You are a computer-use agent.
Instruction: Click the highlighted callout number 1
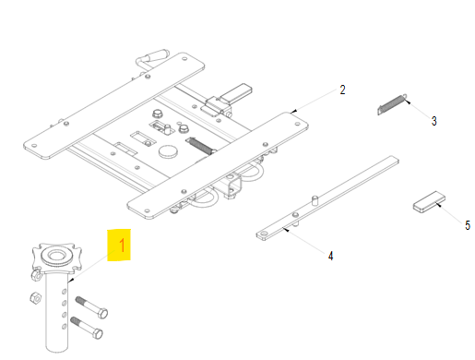point(122,246)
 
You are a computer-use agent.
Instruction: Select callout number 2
point(342,90)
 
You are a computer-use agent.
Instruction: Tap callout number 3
point(433,121)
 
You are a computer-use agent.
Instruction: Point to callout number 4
point(330,256)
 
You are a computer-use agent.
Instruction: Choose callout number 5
point(468,225)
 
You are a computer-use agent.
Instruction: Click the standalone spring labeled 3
point(392,104)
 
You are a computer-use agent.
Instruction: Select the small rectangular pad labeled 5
point(429,201)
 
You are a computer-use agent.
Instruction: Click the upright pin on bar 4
point(315,200)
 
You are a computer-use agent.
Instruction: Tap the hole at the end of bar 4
point(264,234)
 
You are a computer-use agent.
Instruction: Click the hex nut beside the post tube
point(35,297)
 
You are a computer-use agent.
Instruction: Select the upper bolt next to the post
point(91,307)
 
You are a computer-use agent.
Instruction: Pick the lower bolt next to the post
point(87,328)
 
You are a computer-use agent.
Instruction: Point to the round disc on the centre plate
point(168,151)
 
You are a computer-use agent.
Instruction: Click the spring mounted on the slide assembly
point(201,145)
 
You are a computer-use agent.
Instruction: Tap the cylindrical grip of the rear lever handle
point(158,54)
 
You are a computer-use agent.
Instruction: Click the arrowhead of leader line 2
point(293,111)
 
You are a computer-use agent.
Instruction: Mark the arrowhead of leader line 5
point(437,204)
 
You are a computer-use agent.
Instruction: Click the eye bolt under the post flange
point(36,275)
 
